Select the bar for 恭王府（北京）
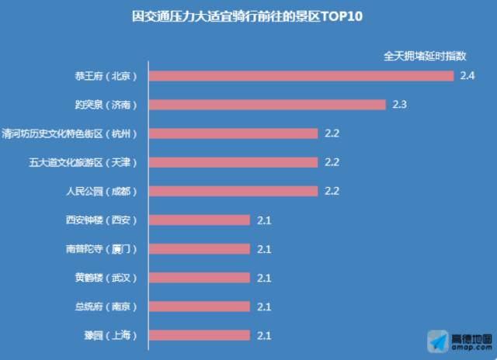tap(301, 76)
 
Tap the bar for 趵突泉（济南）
tap(267, 105)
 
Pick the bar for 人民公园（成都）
tap(233, 191)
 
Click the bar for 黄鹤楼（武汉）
tap(200, 278)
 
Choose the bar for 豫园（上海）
tap(200, 335)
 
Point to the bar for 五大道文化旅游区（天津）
tap(233, 162)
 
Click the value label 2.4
tap(467, 76)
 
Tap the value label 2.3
tap(400, 105)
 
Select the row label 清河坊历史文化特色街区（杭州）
tap(71, 133)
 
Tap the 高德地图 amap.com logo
tap(458, 340)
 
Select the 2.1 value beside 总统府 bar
tap(264, 306)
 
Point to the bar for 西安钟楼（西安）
tap(200, 220)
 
